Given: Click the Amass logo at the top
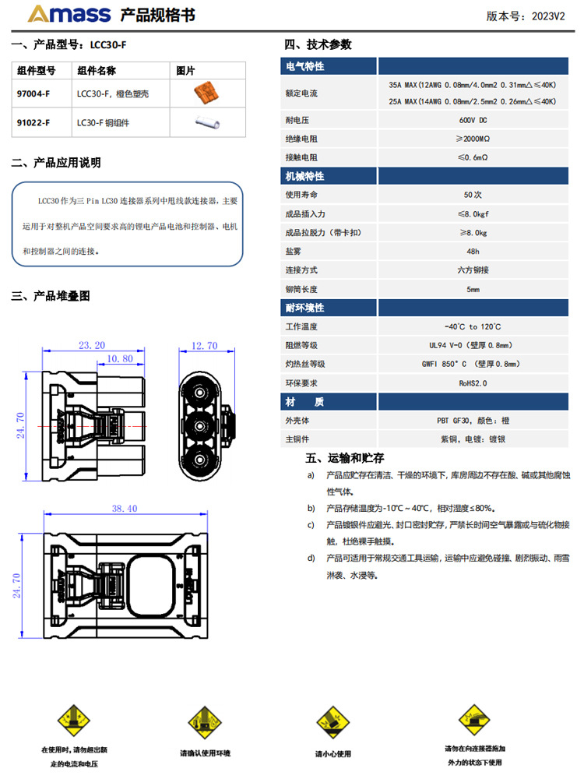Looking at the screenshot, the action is tap(69, 13).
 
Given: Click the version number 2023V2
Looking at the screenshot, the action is tap(548, 16).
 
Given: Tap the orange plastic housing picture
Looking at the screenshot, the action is tap(206, 93).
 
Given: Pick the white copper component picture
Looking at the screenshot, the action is tap(207, 122).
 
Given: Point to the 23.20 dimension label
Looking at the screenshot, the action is tap(92, 345).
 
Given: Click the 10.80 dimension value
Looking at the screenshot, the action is tap(120, 358).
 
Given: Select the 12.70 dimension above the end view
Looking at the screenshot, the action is tap(205, 345).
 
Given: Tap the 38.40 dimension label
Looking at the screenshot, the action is tap(125, 508).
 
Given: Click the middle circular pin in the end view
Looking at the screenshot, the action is tap(200, 426).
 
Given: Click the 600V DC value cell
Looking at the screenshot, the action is tap(473, 120).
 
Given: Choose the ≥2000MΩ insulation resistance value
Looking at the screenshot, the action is tap(473, 139).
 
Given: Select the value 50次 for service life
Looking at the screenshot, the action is tap(473, 195).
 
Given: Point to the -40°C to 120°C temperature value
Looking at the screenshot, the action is tap(473, 326).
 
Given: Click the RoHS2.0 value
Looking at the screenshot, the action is tap(473, 383).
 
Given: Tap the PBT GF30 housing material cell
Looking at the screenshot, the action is tap(473, 421).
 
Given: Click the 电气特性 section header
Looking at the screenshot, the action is tap(305, 66).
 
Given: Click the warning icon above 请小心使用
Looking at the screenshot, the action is tap(333, 723).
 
